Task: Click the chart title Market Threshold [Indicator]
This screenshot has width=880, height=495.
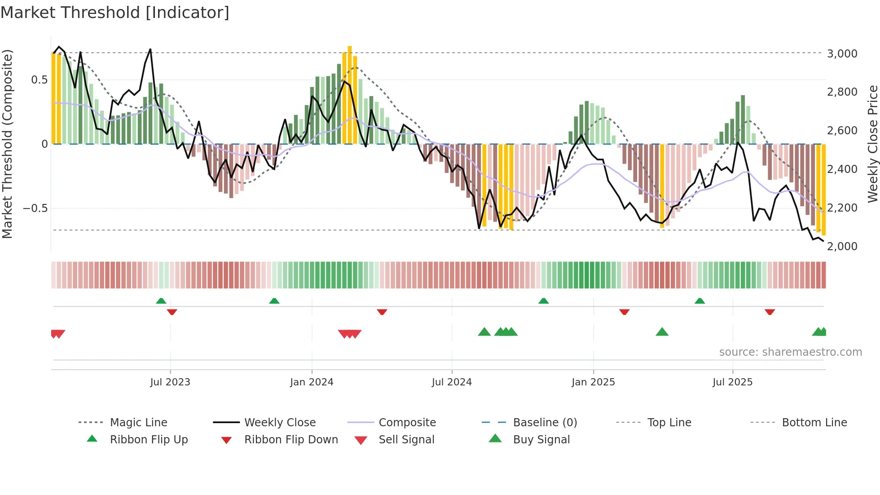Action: tap(115, 13)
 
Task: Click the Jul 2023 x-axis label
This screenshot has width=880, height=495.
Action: tap(170, 382)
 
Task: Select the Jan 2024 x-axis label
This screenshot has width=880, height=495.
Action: tap(312, 382)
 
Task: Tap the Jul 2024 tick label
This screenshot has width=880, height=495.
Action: tap(452, 382)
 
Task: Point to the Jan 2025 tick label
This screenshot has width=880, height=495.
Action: tap(593, 382)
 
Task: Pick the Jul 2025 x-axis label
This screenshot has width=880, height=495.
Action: tap(732, 382)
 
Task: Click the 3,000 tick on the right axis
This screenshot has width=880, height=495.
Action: tap(842, 53)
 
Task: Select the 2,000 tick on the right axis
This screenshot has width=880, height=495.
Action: tap(842, 246)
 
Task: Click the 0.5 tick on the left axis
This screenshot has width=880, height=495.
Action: tap(39, 80)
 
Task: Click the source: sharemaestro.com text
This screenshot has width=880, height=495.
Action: tap(790, 352)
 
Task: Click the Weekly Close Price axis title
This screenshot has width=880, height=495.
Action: tap(872, 144)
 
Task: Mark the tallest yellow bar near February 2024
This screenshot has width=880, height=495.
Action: tap(350, 94)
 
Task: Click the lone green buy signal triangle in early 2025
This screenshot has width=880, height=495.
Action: tap(662, 332)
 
